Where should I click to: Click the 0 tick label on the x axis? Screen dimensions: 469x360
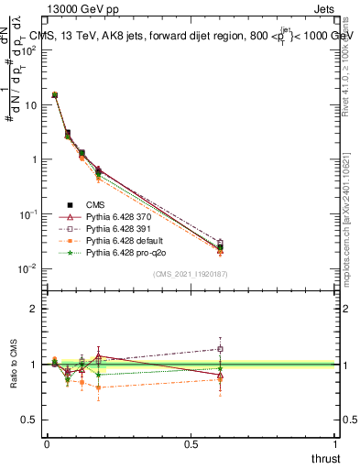pos(46,442)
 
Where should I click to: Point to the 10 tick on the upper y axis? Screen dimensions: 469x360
pos(30,104)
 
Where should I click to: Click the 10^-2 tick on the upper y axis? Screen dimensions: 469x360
pos(28,268)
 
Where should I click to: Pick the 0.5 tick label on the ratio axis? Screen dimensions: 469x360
pos(30,420)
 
